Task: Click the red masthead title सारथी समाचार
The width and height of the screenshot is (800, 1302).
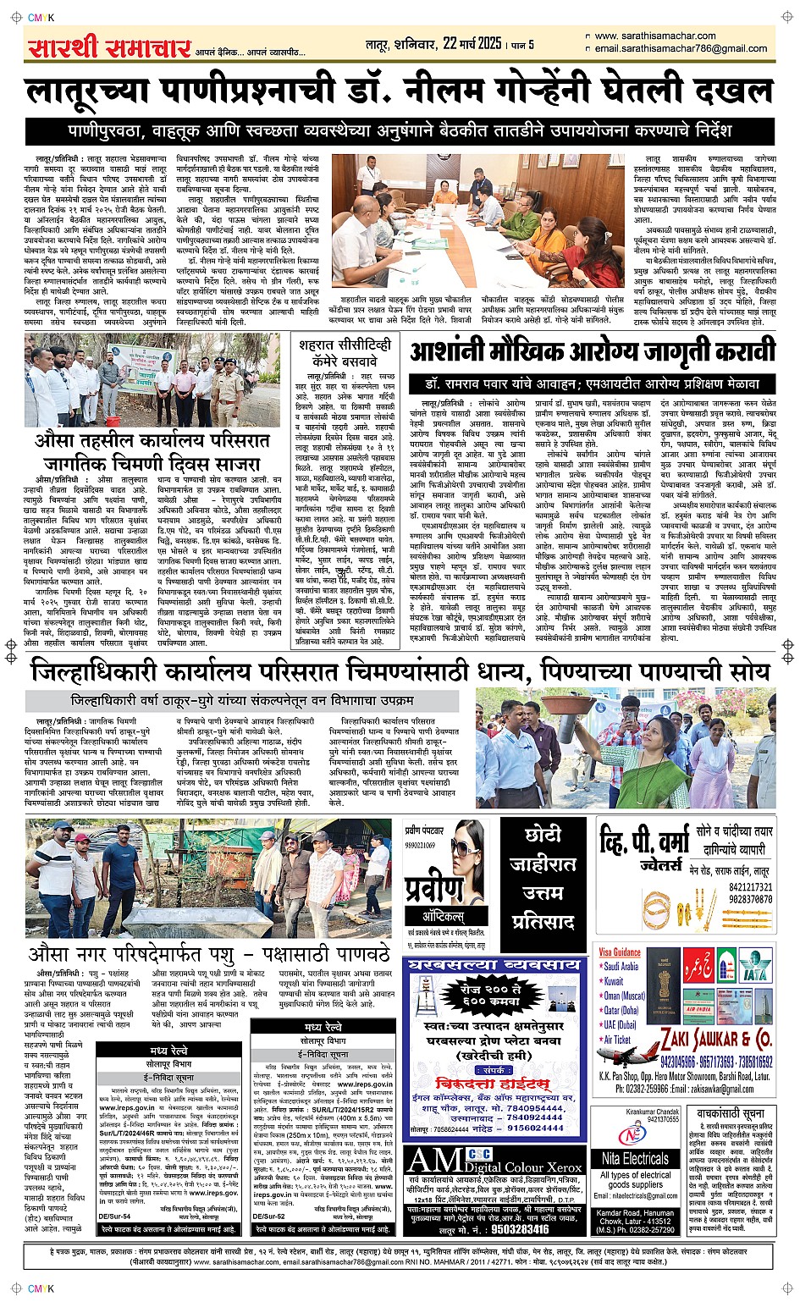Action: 108,48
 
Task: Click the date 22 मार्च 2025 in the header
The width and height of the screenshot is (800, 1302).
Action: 462,44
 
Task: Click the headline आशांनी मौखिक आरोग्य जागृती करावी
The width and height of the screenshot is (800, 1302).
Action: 592,351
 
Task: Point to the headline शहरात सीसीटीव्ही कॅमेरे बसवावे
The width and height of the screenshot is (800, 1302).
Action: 345,353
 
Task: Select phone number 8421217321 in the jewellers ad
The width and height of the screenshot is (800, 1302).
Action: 750,887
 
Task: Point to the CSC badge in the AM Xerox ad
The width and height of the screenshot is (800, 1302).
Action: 479,1155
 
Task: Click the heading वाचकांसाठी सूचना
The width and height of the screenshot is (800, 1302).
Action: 731,1113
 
